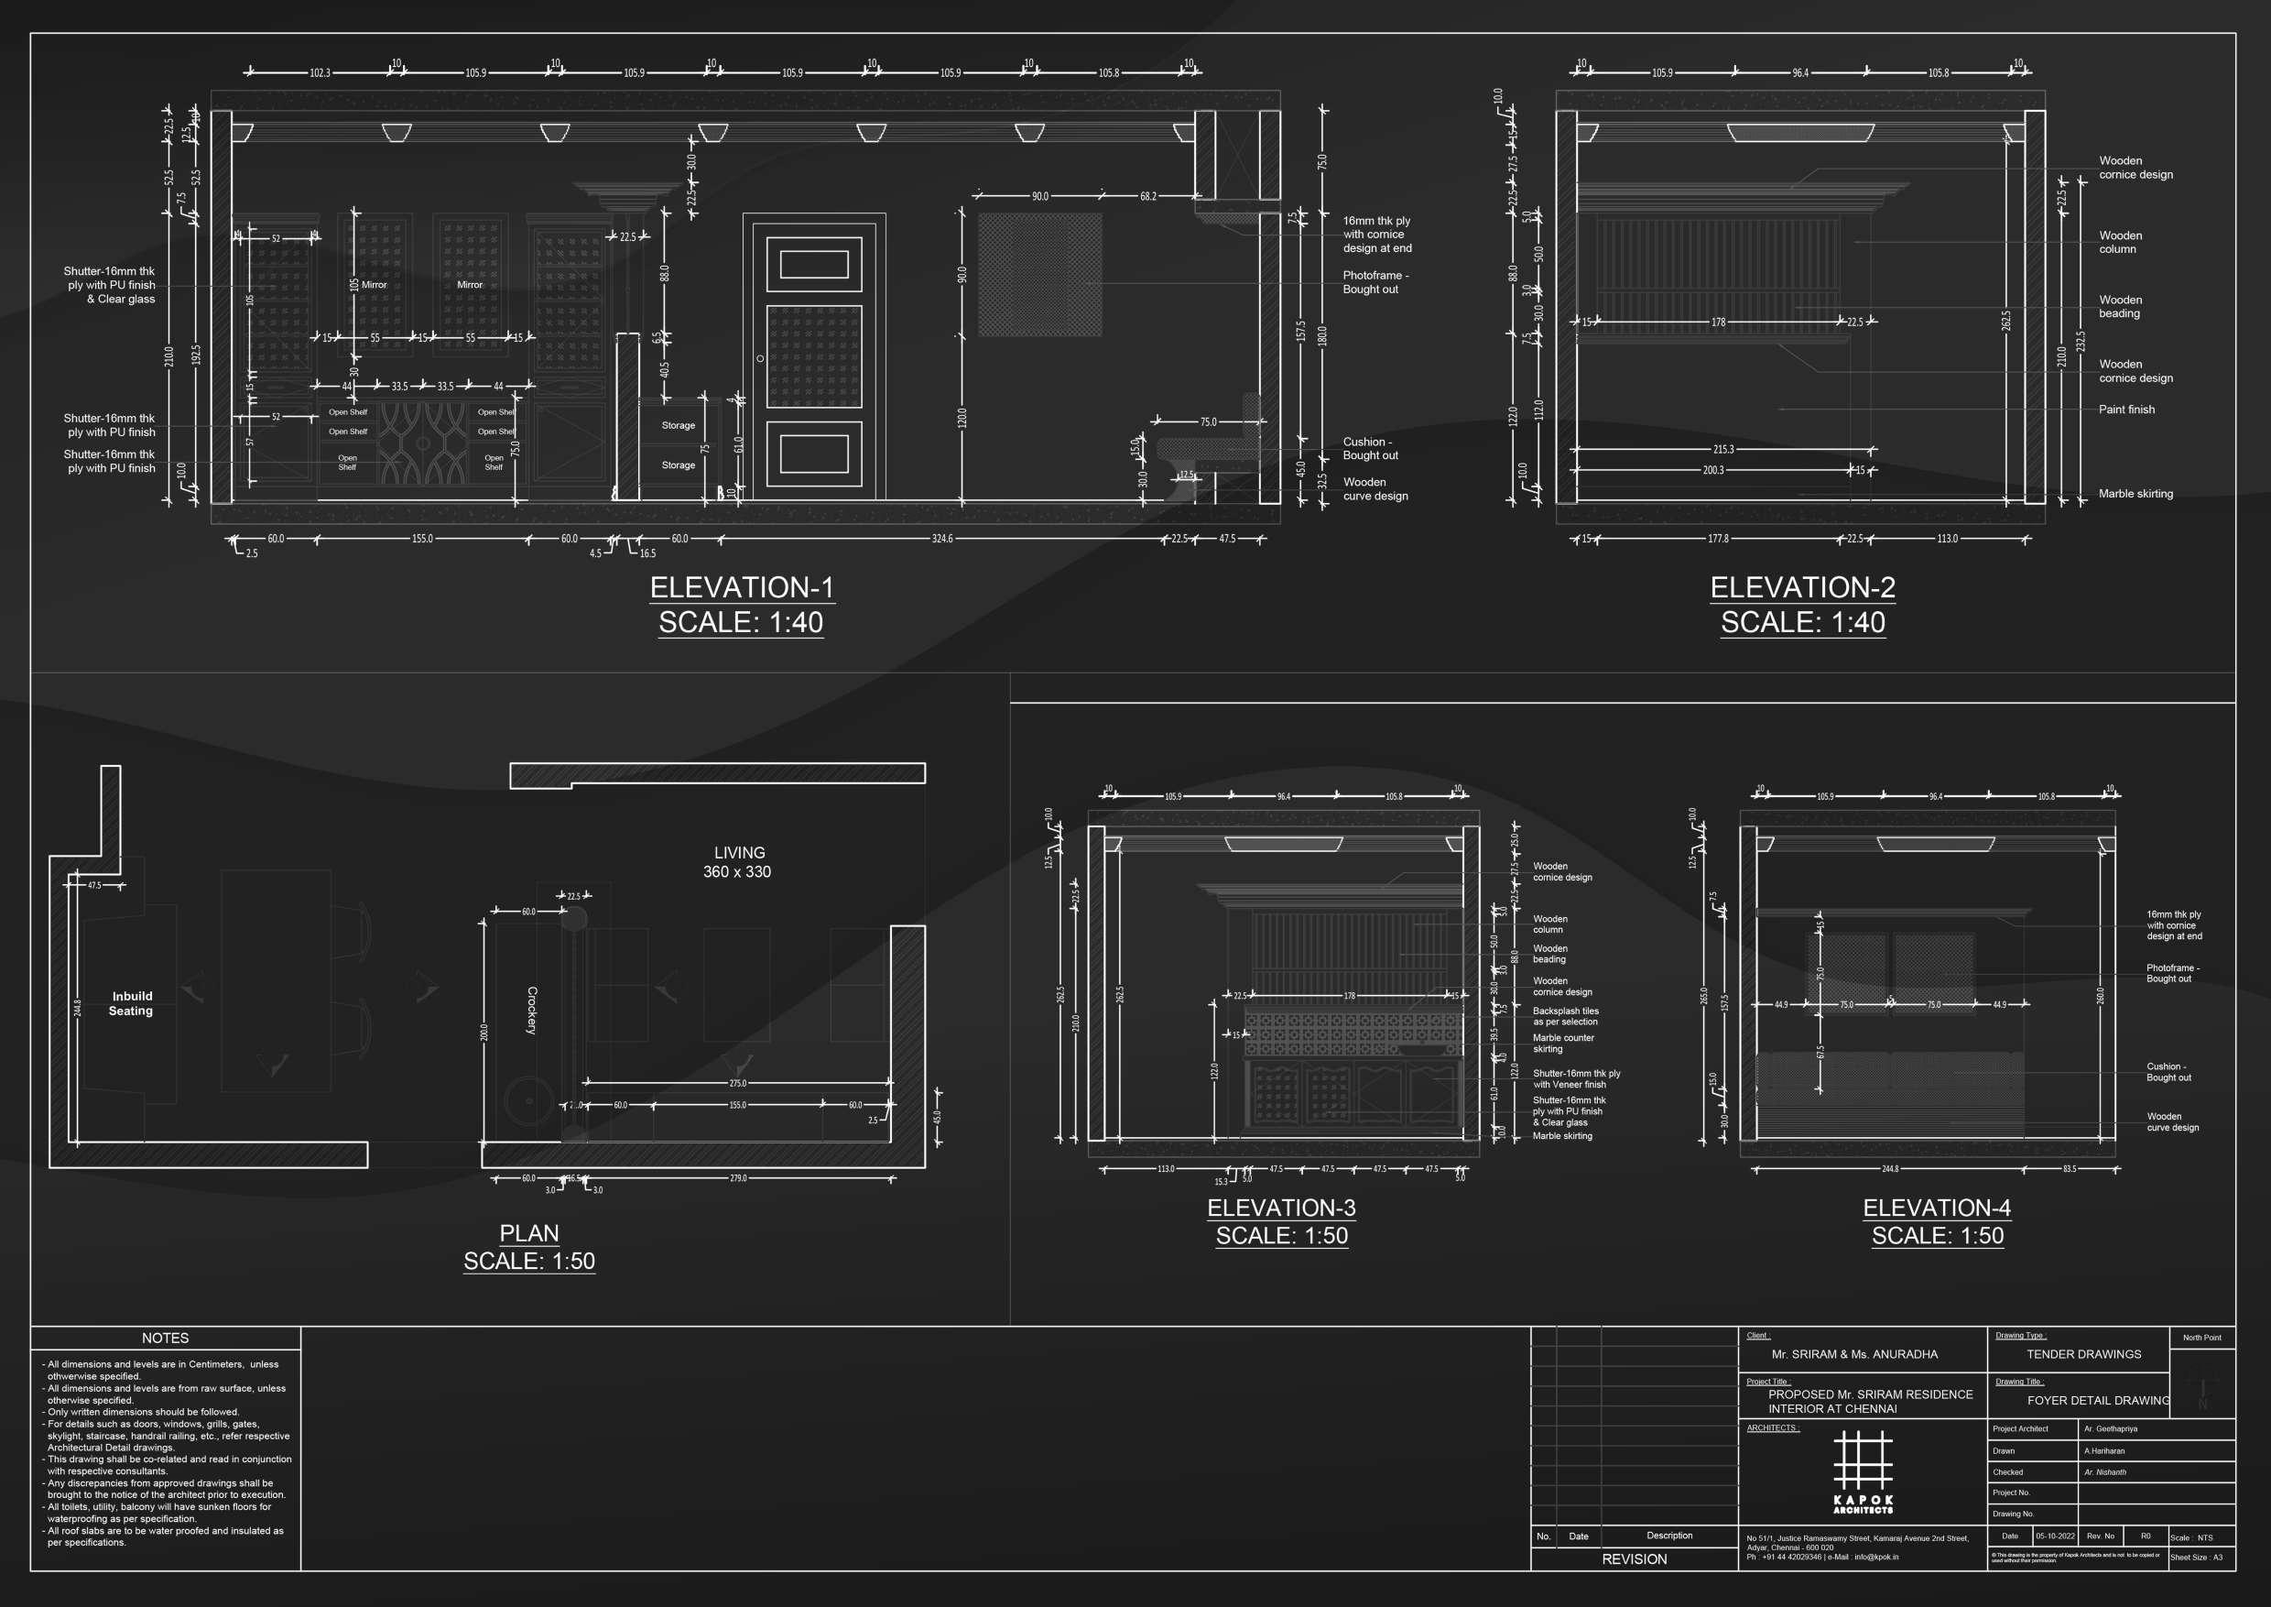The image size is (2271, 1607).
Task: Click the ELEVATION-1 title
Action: click(x=741, y=588)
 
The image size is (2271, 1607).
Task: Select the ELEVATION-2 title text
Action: click(x=1802, y=588)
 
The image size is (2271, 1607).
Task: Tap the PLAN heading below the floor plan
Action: click(x=529, y=1233)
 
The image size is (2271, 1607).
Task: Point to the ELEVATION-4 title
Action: click(x=1937, y=1208)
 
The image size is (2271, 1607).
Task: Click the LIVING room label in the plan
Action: click(x=739, y=853)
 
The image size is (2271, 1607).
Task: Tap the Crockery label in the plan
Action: click(x=532, y=1011)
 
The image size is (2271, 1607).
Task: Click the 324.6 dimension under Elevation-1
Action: click(x=941, y=540)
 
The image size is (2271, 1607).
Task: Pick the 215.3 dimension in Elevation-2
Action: click(x=1723, y=449)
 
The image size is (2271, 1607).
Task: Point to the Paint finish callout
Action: click(x=2125, y=410)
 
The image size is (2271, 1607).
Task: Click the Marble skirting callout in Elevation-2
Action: click(x=2135, y=494)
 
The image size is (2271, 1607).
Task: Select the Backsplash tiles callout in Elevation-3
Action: click(x=1566, y=1016)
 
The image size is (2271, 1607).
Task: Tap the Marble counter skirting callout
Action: click(x=1563, y=1043)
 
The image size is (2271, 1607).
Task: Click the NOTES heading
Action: click(x=165, y=1338)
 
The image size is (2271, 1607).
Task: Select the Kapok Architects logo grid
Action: click(x=1863, y=1462)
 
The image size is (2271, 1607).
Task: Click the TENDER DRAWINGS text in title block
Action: click(x=2083, y=1355)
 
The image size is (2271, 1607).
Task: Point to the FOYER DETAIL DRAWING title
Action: click(x=2098, y=1400)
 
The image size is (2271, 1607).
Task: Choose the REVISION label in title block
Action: click(x=1634, y=1559)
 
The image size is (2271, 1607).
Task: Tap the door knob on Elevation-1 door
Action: click(x=760, y=358)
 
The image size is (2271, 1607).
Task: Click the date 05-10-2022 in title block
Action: click(x=2054, y=1536)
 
